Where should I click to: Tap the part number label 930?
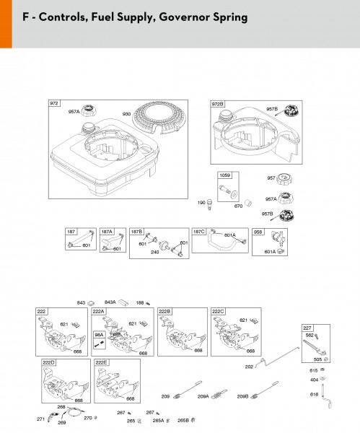pyautogui.click(x=127, y=114)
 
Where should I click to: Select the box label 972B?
pyautogui.click(x=218, y=105)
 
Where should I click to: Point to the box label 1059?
pyautogui.click(x=225, y=175)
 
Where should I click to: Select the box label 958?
pyautogui.click(x=258, y=232)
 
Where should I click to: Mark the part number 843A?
pyautogui.click(x=110, y=302)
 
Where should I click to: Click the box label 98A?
pyautogui.click(x=99, y=335)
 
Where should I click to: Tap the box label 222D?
pyautogui.click(x=49, y=362)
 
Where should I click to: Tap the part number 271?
pyautogui.click(x=41, y=419)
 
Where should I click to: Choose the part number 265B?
pyautogui.click(x=183, y=420)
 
